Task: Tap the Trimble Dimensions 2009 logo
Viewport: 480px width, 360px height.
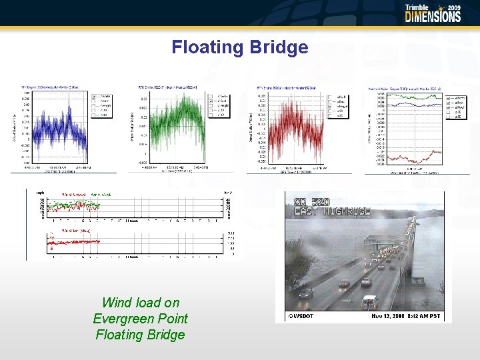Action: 433,13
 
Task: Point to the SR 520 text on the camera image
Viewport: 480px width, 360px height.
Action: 312,202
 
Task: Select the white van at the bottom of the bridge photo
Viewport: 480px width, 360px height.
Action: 369,301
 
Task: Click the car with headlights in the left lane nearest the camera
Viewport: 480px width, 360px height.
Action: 305,292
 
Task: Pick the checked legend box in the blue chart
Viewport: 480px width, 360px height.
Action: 95,97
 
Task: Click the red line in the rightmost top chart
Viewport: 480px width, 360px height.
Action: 407,157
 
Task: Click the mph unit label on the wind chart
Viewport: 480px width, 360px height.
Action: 41,193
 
